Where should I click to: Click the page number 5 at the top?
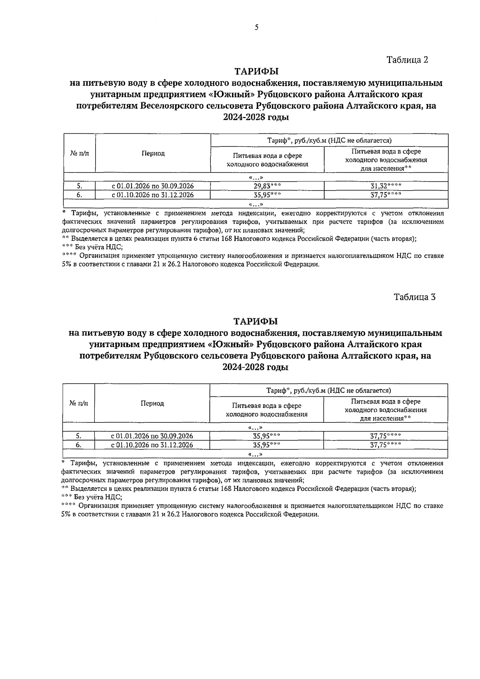tap(256, 27)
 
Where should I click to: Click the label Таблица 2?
tap(407, 60)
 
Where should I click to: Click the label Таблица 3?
tap(414, 297)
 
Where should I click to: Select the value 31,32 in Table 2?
tap(382, 186)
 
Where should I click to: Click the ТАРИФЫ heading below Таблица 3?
tap(256, 321)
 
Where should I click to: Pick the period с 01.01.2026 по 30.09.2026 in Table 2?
tap(152, 186)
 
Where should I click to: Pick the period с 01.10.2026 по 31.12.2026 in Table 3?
tap(152, 445)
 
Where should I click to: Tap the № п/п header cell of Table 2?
tap(80, 153)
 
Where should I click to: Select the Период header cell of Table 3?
tap(152, 403)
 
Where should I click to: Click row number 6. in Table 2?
tap(80, 195)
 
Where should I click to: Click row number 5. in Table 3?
tap(79, 436)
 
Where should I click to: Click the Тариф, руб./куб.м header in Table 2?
tap(329, 141)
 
